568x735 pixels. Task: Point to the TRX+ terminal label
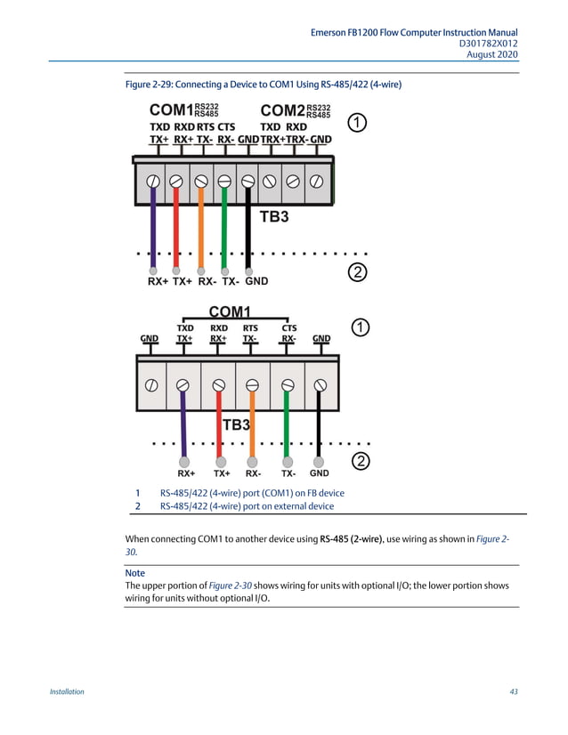(x=273, y=140)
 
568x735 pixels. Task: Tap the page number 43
(x=514, y=691)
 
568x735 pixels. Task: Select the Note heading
(x=134, y=573)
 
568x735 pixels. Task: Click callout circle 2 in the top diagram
(x=355, y=272)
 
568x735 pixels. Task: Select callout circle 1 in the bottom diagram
(x=360, y=328)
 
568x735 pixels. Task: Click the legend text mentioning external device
(x=247, y=506)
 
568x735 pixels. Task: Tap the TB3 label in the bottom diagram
(x=235, y=424)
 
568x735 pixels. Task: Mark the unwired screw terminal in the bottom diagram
(x=152, y=385)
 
